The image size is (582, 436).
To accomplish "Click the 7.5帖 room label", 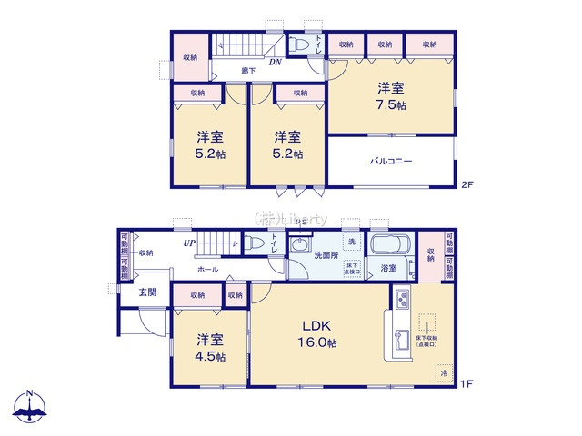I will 392,96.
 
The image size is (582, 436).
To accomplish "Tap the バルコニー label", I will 391,162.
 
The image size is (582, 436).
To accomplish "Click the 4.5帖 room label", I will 210,348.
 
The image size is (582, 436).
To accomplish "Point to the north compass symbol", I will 29,408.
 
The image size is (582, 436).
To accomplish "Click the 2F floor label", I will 467,184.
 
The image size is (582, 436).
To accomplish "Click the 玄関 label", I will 148,292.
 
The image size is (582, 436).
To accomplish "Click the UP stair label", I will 189,243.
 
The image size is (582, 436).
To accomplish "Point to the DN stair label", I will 274,62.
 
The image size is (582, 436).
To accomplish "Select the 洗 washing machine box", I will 352,243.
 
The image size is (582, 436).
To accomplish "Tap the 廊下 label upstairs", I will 246,70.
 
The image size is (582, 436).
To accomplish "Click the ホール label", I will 207,270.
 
